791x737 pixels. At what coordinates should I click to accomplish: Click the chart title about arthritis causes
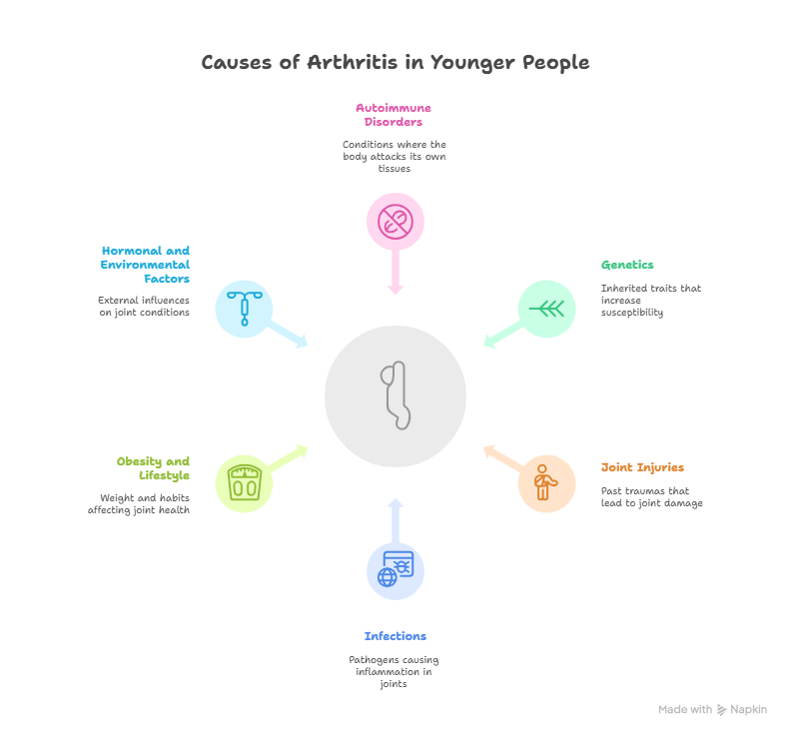(x=395, y=63)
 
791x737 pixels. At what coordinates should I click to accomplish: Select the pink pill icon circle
(x=395, y=220)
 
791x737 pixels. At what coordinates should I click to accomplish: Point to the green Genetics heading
(x=627, y=266)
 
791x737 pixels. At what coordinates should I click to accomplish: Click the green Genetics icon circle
(x=546, y=309)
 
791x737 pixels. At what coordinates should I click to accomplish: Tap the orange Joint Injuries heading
(x=642, y=467)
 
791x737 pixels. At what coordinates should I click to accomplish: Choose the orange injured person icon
(x=546, y=483)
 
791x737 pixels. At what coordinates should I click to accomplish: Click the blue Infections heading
(x=395, y=636)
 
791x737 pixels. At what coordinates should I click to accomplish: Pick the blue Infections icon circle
(x=395, y=571)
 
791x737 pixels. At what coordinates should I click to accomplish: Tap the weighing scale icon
(x=244, y=483)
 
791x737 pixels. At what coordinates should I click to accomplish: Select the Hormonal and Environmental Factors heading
(x=145, y=265)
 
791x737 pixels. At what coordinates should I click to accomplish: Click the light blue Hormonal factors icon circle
(x=244, y=309)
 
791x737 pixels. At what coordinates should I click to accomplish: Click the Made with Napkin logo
(x=712, y=710)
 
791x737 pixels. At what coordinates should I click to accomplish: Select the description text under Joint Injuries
(x=651, y=497)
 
